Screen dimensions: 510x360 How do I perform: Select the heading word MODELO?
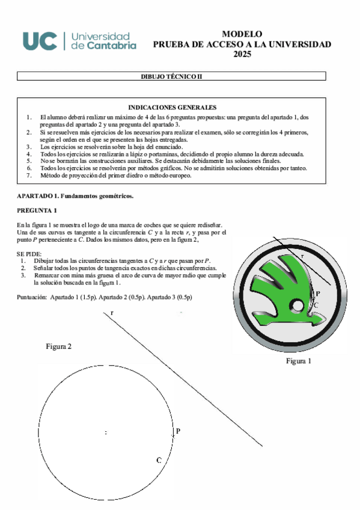coord(242,34)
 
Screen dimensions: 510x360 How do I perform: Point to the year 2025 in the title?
coord(242,54)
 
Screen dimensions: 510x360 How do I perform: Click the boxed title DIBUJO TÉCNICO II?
coord(172,76)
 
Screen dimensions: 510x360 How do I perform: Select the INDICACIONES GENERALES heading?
coord(172,106)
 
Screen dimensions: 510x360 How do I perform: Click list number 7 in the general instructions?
coord(29,176)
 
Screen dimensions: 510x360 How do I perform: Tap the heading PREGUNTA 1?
coord(37,210)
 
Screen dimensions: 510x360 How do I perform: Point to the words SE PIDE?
coord(29,254)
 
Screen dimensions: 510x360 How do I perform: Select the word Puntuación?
coord(31,297)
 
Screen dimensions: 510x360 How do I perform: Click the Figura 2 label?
coord(59,347)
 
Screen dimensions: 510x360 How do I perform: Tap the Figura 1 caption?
coord(298,361)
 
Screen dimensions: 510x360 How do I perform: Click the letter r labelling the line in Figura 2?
coord(111,313)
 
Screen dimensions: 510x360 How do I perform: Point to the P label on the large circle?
coord(178,431)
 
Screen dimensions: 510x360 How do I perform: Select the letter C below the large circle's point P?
coord(159,460)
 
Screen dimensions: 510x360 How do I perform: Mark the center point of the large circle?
coord(106,432)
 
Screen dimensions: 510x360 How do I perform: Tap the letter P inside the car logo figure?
coord(317,294)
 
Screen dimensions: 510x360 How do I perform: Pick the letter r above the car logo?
coord(303,256)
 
